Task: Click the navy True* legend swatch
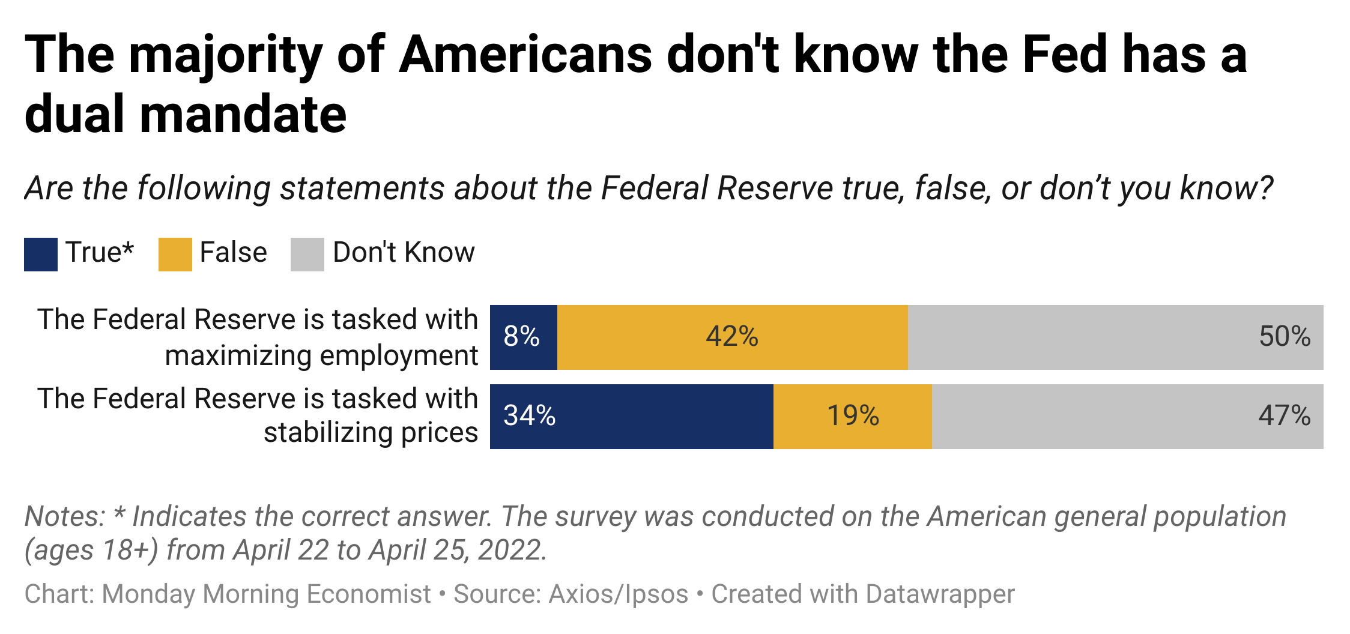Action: click(x=41, y=255)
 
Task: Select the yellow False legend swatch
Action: click(x=175, y=255)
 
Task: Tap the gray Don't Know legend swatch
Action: click(x=307, y=255)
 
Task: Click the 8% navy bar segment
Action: click(x=523, y=337)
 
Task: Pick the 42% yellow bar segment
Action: click(x=732, y=337)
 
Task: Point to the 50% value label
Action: click(x=1285, y=337)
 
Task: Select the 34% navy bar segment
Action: click(x=631, y=416)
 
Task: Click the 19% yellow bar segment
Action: click(x=852, y=416)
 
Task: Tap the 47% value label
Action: click(x=1284, y=416)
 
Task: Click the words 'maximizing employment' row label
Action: click(x=321, y=355)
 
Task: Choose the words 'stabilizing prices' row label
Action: click(x=371, y=432)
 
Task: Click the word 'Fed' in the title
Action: click(x=1064, y=55)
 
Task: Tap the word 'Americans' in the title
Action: click(x=525, y=55)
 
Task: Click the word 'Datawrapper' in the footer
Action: click(x=940, y=594)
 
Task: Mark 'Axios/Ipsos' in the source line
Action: click(x=619, y=594)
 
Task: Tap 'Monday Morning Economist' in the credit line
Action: click(x=266, y=594)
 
